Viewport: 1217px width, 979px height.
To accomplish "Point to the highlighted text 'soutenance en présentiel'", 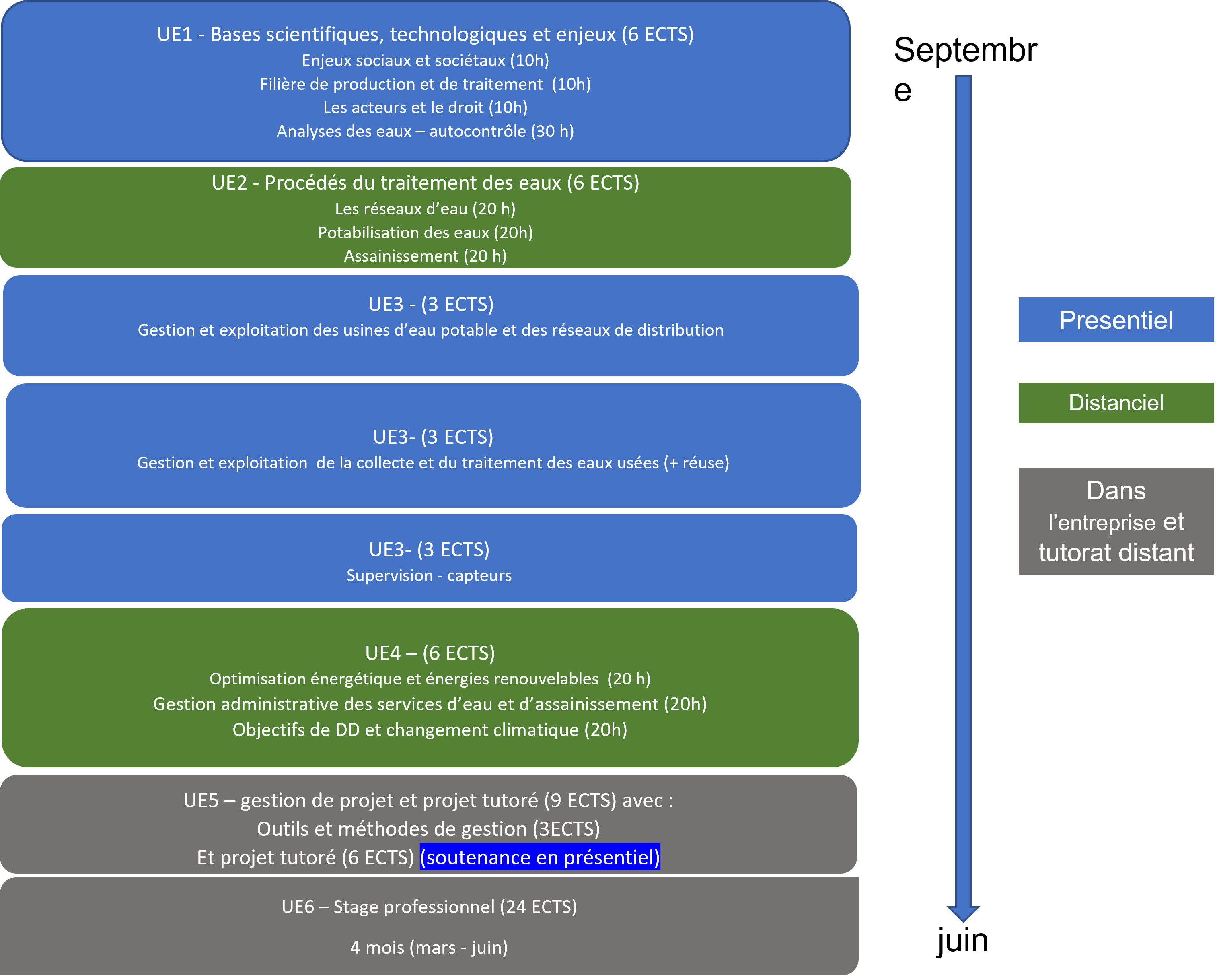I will pyautogui.click(x=540, y=857).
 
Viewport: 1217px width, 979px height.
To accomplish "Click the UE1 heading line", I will pyautogui.click(x=425, y=35).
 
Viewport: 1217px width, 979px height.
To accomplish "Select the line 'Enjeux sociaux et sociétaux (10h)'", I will pyautogui.click(x=425, y=60).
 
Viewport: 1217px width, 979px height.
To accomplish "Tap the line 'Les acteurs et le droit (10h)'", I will pyautogui.click(x=425, y=107).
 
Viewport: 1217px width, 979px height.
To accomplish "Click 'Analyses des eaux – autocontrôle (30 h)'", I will pyautogui.click(x=425, y=131).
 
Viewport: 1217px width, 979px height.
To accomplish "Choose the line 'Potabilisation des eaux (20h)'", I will pyautogui.click(x=425, y=232).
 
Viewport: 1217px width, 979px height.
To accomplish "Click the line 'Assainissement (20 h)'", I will pyautogui.click(x=425, y=256).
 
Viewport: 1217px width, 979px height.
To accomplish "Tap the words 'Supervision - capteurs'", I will pyautogui.click(x=429, y=575).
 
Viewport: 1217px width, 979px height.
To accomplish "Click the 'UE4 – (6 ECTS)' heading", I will pyautogui.click(x=430, y=653).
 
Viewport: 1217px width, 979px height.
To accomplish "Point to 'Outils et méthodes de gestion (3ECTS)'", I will pyautogui.click(x=428, y=829).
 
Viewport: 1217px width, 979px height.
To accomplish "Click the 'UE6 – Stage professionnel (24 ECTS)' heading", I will pyautogui.click(x=429, y=907).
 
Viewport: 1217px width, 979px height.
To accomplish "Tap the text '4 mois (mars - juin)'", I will pyautogui.click(x=429, y=947).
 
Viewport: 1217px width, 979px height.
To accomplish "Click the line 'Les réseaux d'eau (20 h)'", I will pyautogui.click(x=425, y=209).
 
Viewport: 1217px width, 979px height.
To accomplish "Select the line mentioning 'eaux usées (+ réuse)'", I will pyautogui.click(x=433, y=463).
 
